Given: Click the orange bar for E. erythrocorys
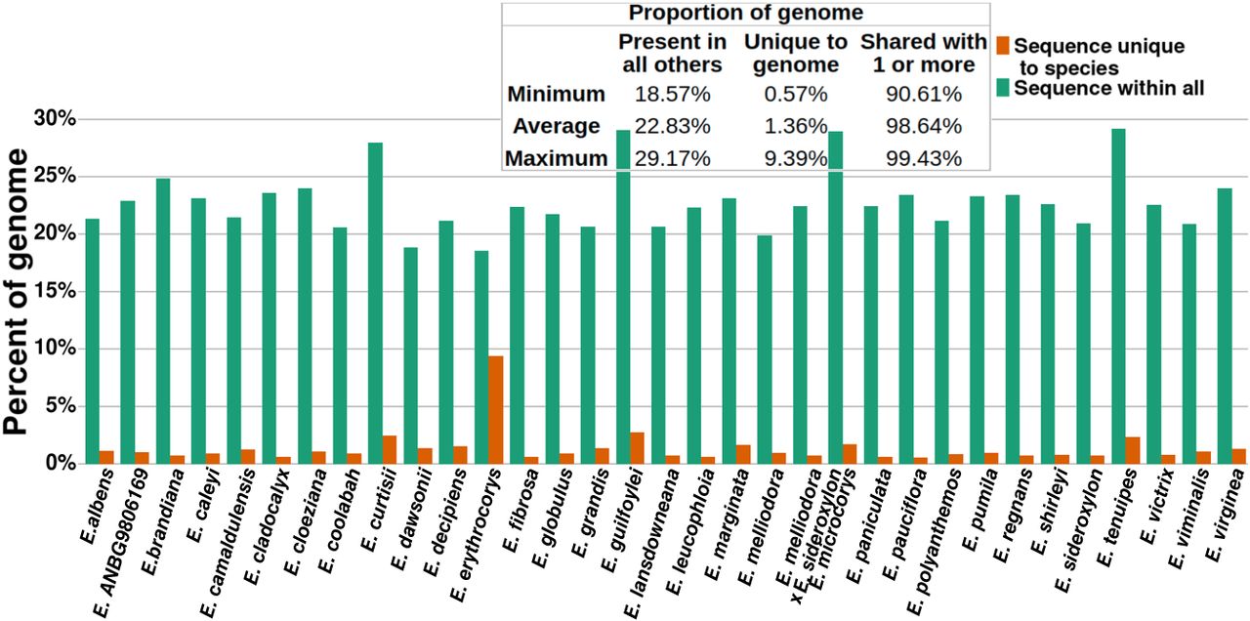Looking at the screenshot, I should [x=495, y=408].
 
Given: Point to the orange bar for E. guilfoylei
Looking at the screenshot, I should [x=637, y=446].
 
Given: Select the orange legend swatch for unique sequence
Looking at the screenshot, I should [x=1002, y=46].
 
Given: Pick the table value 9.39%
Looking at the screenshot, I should [x=792, y=158].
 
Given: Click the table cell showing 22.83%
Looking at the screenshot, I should [x=672, y=126].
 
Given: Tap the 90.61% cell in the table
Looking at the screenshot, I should [x=923, y=95].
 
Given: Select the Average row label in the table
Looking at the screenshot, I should [x=554, y=126].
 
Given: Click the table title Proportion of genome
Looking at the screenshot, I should [x=745, y=13].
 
